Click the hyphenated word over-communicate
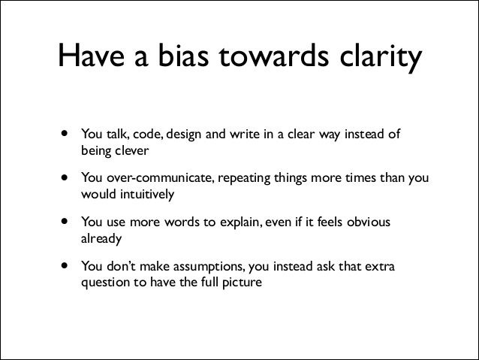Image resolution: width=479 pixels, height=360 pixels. [154, 180]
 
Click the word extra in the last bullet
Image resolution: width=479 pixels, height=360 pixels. [386, 268]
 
